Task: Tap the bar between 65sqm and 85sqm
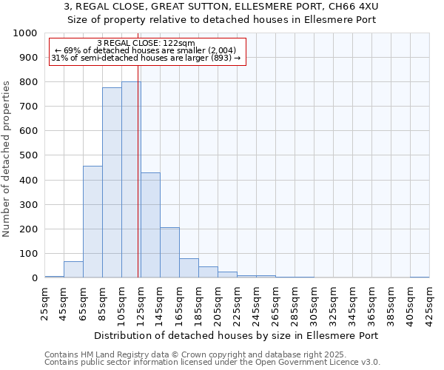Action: click(x=92, y=222)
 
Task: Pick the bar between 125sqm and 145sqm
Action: click(x=150, y=225)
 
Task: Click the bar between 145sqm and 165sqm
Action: click(x=169, y=252)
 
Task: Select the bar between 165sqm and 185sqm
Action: click(x=189, y=269)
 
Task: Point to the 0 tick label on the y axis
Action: click(x=35, y=278)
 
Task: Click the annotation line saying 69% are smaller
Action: click(x=146, y=50)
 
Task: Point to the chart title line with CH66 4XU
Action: click(x=222, y=7)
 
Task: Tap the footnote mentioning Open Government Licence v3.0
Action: click(x=212, y=363)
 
